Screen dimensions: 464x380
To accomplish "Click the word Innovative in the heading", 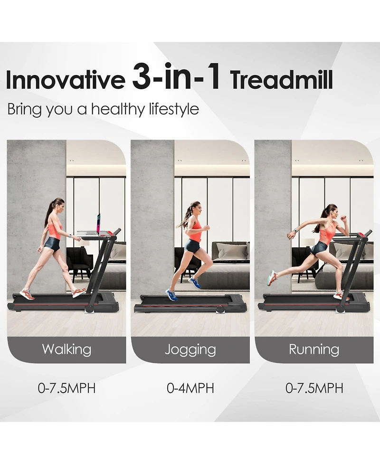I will coord(65,80).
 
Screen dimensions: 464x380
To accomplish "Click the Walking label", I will coord(66,350).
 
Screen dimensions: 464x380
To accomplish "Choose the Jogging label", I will coord(190,350).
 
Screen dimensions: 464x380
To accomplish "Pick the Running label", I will coord(314,350).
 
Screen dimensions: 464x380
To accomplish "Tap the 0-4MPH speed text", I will coord(190,388).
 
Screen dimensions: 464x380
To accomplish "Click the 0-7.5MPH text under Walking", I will coord(66,388).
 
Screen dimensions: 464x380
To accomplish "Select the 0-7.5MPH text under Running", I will coord(314,388).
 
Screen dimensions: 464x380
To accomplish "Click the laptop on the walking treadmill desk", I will coord(98,224).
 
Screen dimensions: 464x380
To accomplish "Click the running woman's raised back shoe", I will coord(272,277).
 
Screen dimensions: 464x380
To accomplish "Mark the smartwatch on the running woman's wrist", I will coord(295,231).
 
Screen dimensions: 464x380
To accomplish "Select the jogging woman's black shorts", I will coord(192,246).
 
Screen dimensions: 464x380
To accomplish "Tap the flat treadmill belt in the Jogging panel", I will coord(190,300).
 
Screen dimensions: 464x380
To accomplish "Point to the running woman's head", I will coord(331,211).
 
